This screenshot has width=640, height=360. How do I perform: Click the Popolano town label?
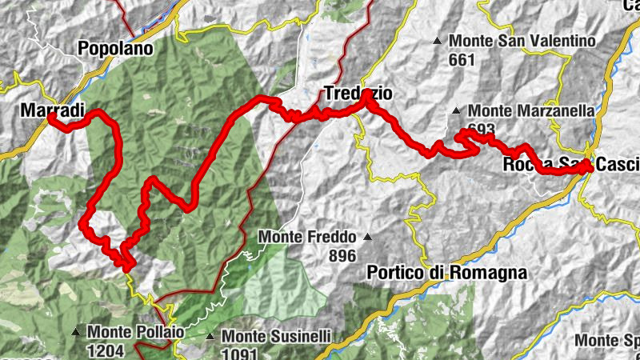coord(115,49)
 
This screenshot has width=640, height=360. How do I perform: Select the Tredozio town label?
coord(358,94)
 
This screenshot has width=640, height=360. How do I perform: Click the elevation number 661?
coord(462,59)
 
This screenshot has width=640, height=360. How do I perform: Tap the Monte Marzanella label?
coord(532,111)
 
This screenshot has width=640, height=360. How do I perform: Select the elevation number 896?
coord(342,256)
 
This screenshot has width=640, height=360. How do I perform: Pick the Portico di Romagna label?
coord(447,273)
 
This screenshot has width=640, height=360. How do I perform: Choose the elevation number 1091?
coord(240,354)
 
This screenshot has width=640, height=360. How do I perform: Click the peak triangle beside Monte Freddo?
coord(367,237)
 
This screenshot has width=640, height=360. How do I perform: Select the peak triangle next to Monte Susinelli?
coord(210,337)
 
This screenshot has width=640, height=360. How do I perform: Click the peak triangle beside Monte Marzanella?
coord(456,111)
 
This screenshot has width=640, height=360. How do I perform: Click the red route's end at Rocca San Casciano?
coord(590,166)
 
